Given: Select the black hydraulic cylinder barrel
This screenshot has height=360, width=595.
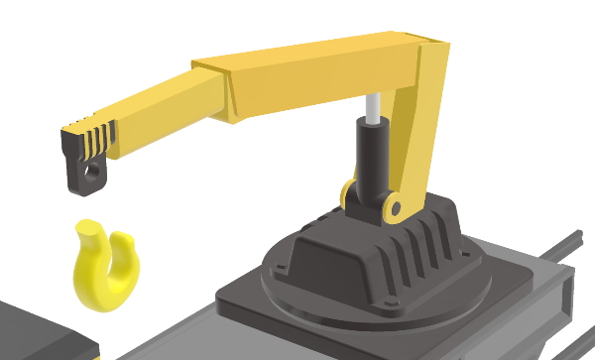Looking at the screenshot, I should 373,159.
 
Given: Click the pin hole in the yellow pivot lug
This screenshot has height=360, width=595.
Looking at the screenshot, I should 395,209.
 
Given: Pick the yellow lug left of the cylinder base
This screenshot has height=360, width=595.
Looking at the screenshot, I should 347,193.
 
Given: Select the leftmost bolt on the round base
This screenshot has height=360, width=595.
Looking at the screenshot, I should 280,267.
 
